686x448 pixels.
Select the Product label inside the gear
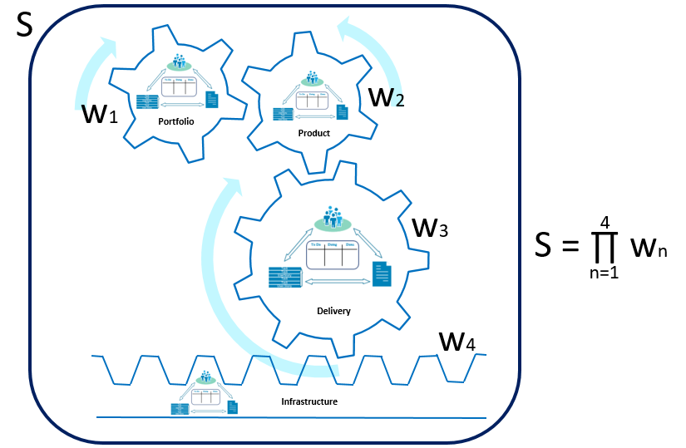(x=314, y=133)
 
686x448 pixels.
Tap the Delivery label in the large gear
(x=333, y=311)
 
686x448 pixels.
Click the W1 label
(x=100, y=113)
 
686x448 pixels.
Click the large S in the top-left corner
(x=25, y=25)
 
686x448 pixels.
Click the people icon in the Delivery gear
(x=333, y=218)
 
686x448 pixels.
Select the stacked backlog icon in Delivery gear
(x=284, y=277)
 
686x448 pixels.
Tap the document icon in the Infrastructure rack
(x=233, y=406)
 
